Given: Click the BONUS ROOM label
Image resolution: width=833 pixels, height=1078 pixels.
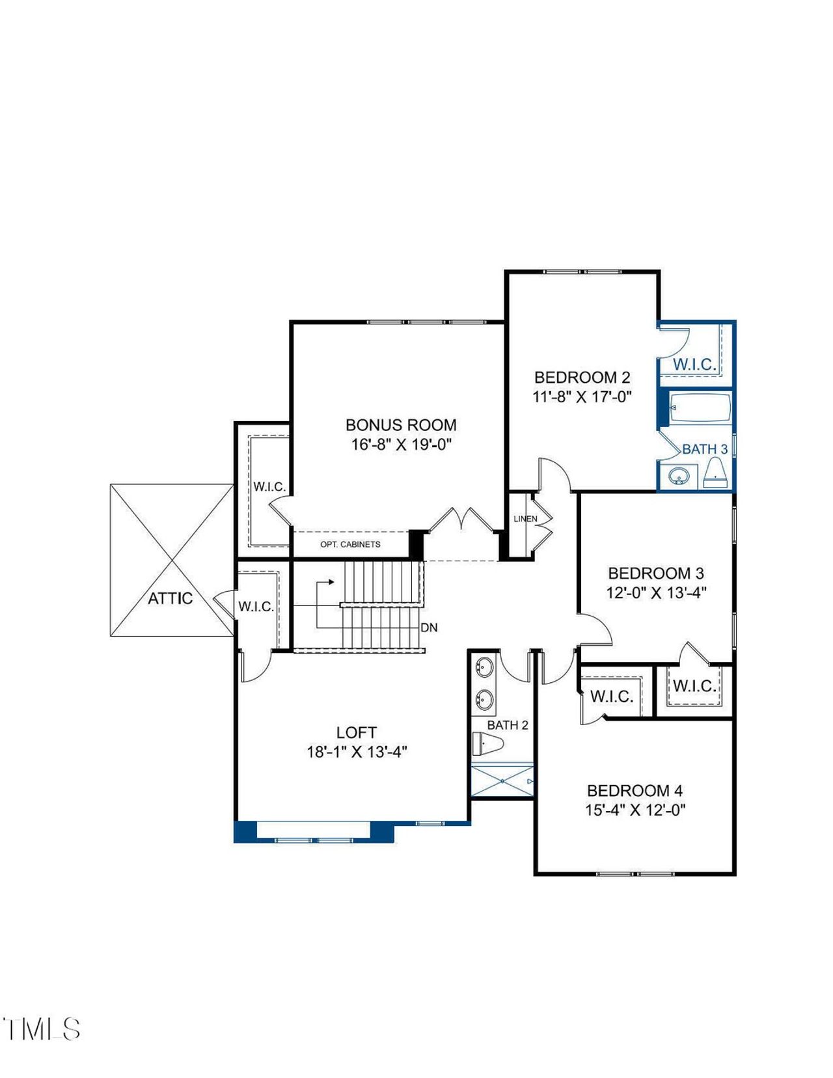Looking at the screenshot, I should (x=401, y=425).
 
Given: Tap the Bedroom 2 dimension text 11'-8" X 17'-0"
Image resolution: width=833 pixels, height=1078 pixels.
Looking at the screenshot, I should (x=582, y=396).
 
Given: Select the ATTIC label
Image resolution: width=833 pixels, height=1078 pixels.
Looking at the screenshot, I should (x=170, y=598).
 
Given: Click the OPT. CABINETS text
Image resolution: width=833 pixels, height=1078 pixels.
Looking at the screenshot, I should (x=350, y=544).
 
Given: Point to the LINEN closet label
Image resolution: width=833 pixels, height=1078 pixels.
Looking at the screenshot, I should (x=525, y=519).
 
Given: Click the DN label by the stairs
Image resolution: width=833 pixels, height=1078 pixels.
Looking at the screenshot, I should (x=429, y=628).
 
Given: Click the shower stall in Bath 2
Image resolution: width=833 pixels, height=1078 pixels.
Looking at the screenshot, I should (x=502, y=781).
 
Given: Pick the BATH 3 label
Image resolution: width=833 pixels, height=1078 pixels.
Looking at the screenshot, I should (x=705, y=449).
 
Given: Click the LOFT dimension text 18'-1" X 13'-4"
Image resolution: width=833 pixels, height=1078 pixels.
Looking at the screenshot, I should (x=357, y=752).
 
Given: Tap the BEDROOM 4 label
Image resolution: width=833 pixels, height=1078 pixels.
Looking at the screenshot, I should (x=635, y=791).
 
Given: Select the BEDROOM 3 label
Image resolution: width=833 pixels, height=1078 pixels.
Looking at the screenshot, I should (x=655, y=574).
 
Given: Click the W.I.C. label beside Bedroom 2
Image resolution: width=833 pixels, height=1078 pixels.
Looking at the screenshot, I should (x=694, y=365).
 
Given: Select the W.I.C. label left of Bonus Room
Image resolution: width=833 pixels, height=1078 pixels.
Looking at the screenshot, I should (x=269, y=487).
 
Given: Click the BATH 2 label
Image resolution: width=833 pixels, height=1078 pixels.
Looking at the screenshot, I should (x=508, y=725).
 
